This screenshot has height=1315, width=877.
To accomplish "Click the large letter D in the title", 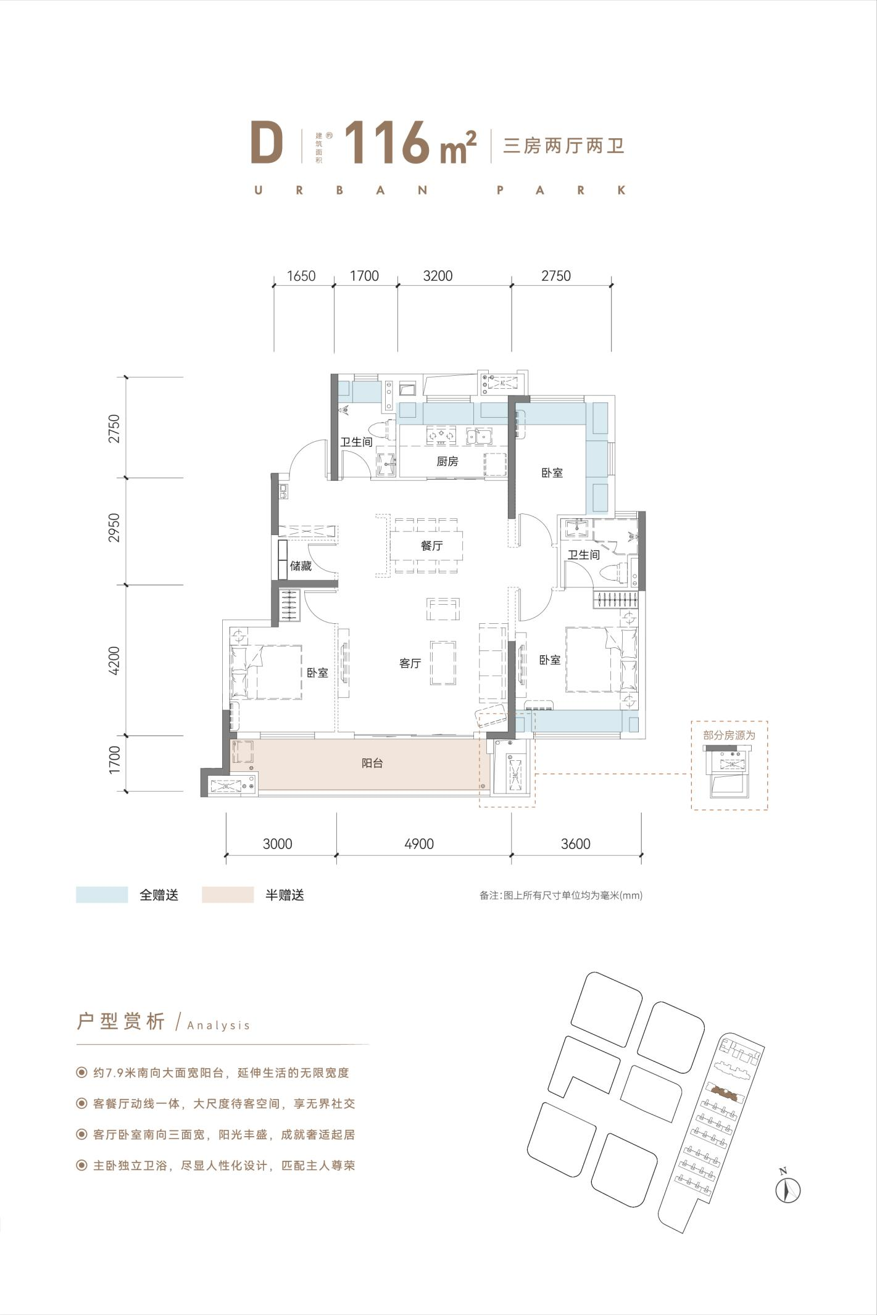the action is (267, 144).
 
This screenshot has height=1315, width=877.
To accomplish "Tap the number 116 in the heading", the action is (387, 143).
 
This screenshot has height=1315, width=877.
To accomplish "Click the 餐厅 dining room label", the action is (432, 545).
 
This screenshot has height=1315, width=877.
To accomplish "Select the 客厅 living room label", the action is (410, 663).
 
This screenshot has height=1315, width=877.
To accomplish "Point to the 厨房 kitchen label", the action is (447, 461).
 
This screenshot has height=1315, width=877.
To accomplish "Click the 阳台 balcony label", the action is (372, 763).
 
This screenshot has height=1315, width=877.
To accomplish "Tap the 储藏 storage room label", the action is (301, 566).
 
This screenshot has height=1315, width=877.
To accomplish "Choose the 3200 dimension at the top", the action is (438, 276).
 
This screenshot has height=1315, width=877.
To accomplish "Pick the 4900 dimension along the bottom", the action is (419, 844).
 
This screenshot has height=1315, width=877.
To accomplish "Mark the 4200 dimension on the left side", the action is (114, 660).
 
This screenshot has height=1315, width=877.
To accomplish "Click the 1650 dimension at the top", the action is (301, 276).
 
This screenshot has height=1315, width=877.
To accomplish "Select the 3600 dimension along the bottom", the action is (576, 844).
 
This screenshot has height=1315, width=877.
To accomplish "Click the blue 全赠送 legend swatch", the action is (102, 895).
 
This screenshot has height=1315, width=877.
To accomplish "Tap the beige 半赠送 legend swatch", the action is (228, 895).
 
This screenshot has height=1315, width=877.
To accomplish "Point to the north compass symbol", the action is (788, 1188).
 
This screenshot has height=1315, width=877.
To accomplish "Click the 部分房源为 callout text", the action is (729, 735).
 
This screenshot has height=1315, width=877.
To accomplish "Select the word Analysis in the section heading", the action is (218, 1026).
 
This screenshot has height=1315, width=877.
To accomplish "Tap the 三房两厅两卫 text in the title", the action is (563, 146).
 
